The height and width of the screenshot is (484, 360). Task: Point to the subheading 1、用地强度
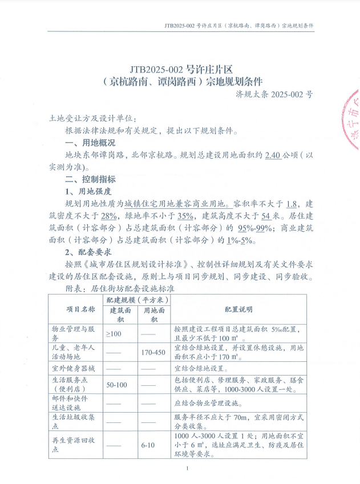[88, 191]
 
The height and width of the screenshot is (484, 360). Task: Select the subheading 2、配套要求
[88, 252]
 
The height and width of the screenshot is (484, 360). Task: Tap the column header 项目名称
[78, 309]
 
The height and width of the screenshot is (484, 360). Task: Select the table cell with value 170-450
[153, 352]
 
